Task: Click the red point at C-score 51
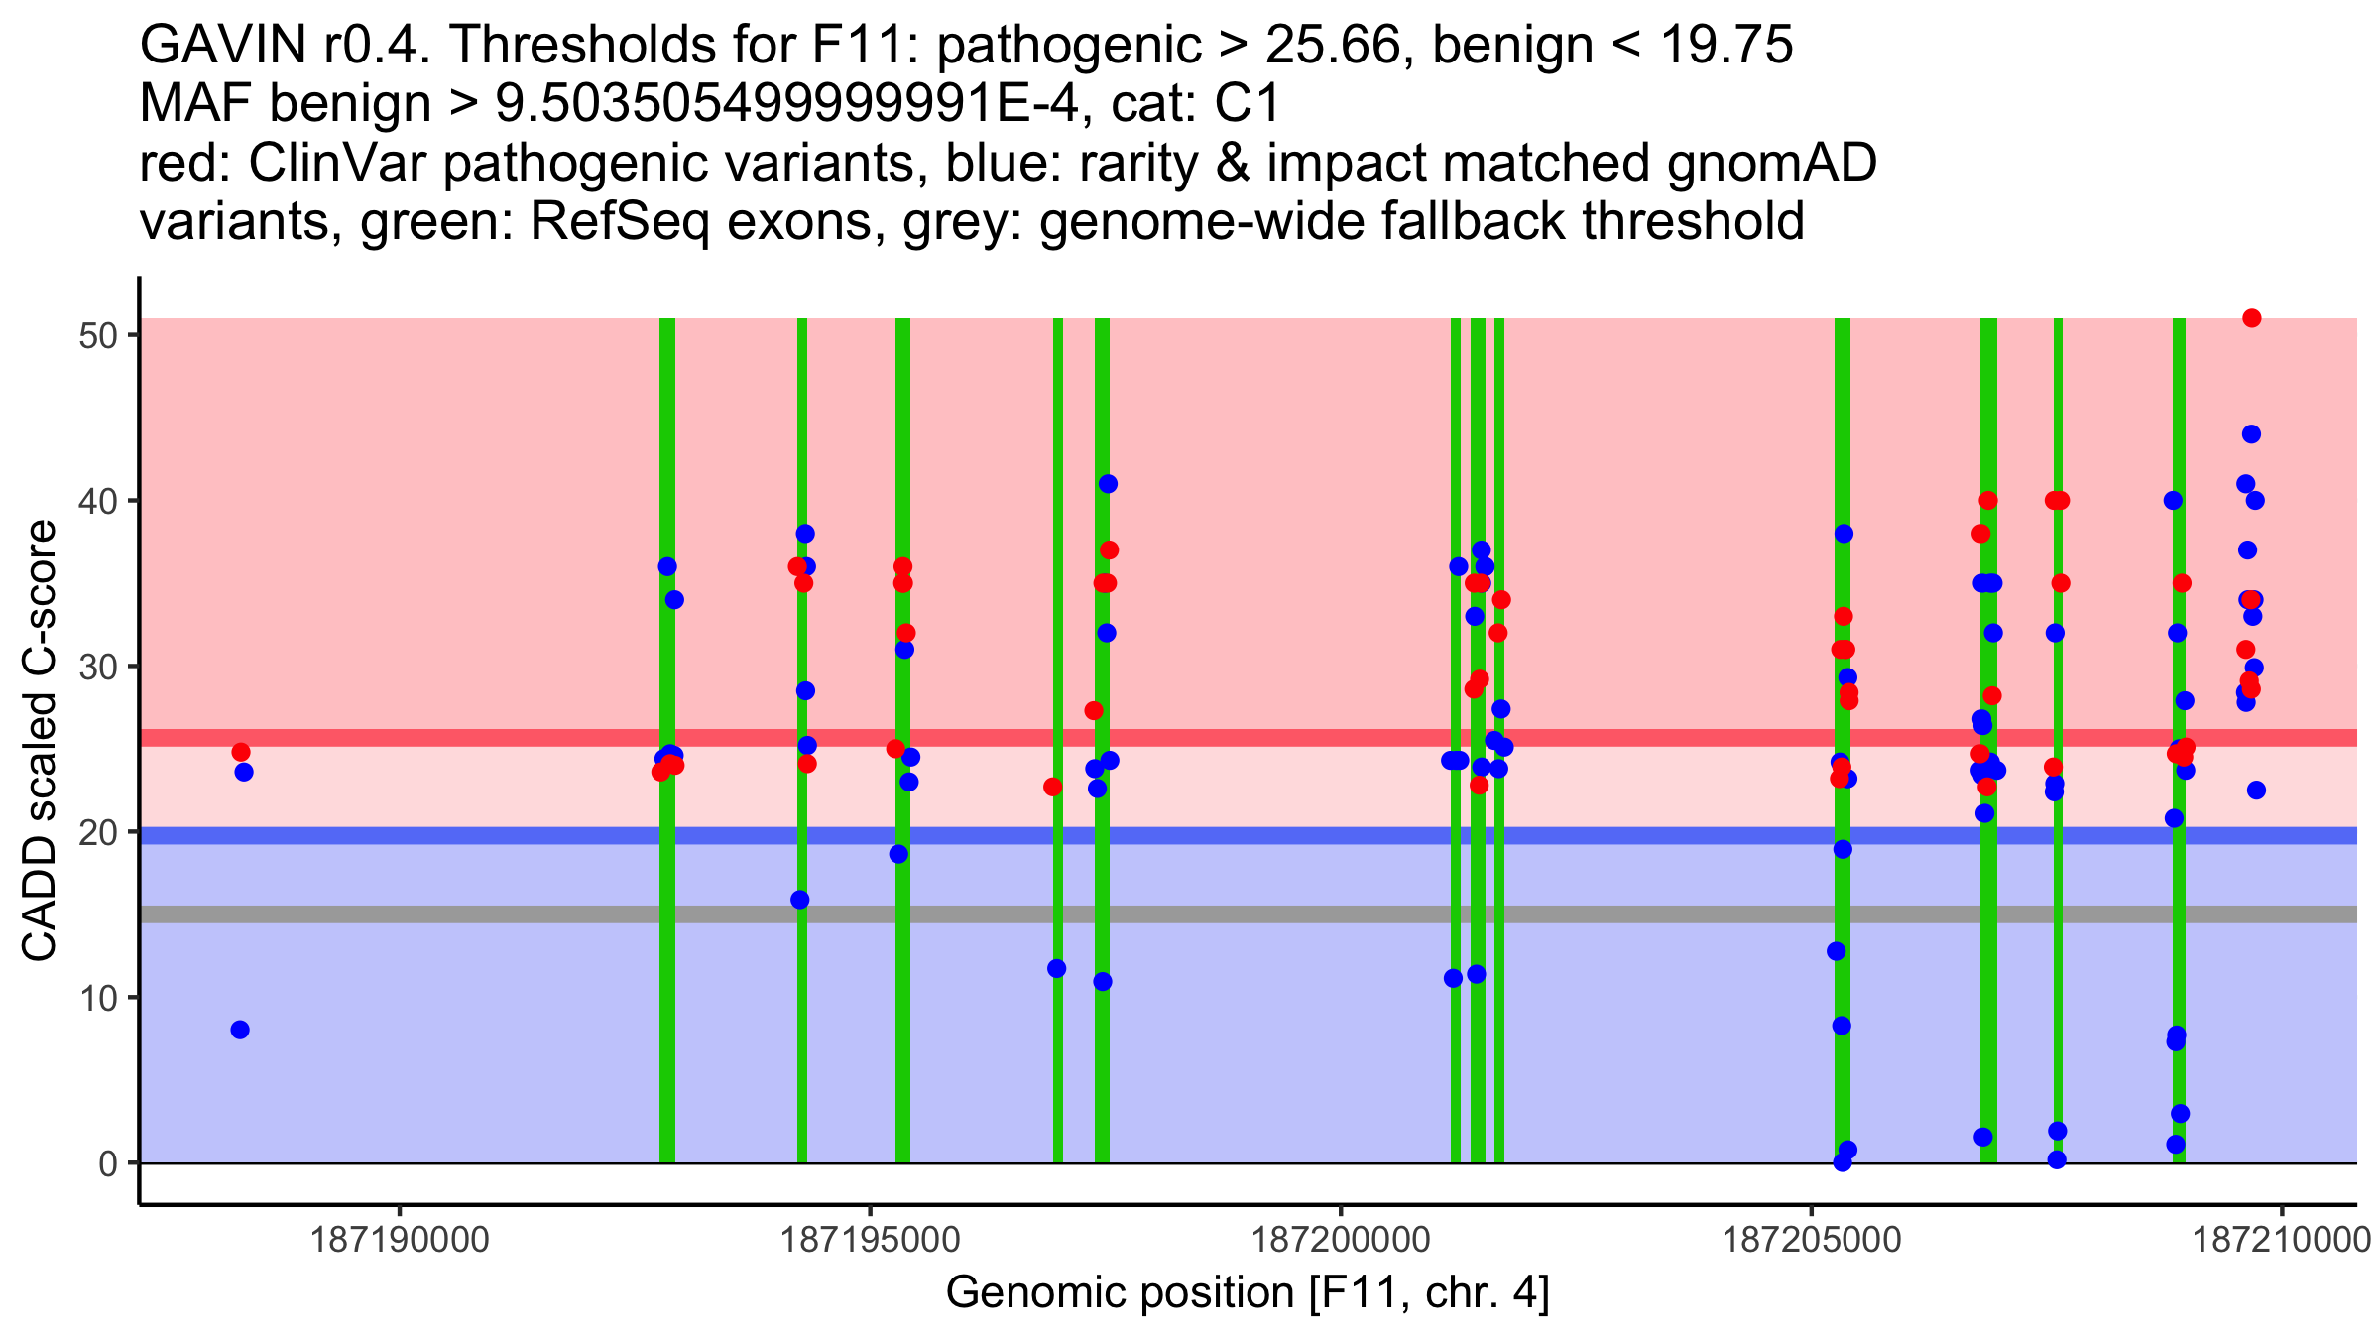pyautogui.click(x=2251, y=318)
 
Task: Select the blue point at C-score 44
pyautogui.click(x=2251, y=434)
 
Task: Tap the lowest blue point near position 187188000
pyautogui.click(x=240, y=1030)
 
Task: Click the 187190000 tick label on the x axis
pyautogui.click(x=401, y=1240)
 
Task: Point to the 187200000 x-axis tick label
pyautogui.click(x=1342, y=1240)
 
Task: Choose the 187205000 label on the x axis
pyautogui.click(x=1813, y=1240)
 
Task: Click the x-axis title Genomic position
pyautogui.click(x=1248, y=1293)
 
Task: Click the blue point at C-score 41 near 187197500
pyautogui.click(x=1108, y=484)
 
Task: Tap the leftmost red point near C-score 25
pyautogui.click(x=241, y=752)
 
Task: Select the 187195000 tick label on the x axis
pyautogui.click(x=872, y=1240)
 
